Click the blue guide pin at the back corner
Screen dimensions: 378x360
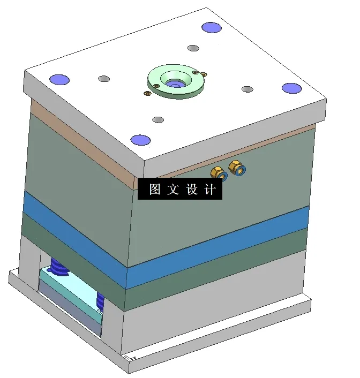[x=211, y=27]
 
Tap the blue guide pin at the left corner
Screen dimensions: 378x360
[x=59, y=80]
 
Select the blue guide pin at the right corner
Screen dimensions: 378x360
[x=291, y=88]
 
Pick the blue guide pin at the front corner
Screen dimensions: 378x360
[x=140, y=140]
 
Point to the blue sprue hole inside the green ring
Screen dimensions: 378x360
[x=174, y=84]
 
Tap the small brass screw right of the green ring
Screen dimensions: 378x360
[x=204, y=73]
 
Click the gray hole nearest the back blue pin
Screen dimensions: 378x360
[x=193, y=48]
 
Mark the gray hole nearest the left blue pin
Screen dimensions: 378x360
[x=104, y=79]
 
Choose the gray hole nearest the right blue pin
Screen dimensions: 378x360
[x=246, y=89]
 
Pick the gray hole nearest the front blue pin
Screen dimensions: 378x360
[x=157, y=119]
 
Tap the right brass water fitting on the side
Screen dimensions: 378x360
[x=236, y=167]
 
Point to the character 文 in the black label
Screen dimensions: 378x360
[x=173, y=190]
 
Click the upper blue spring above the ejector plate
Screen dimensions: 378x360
[x=59, y=265]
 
